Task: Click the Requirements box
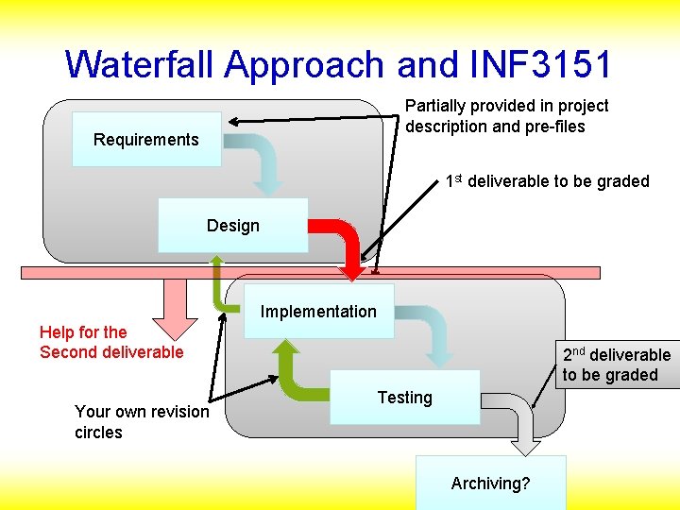click(x=146, y=140)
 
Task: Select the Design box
click(x=232, y=225)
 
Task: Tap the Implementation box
click(x=318, y=312)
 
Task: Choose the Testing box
click(x=404, y=398)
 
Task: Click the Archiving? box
click(x=490, y=484)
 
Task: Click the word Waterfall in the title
click(x=142, y=64)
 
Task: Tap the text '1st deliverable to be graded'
click(x=548, y=180)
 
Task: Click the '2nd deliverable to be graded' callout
click(x=617, y=365)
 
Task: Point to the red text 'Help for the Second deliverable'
click(x=111, y=342)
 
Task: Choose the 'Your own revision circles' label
click(x=142, y=422)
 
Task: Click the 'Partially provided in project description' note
click(x=506, y=116)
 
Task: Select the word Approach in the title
click(x=305, y=64)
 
